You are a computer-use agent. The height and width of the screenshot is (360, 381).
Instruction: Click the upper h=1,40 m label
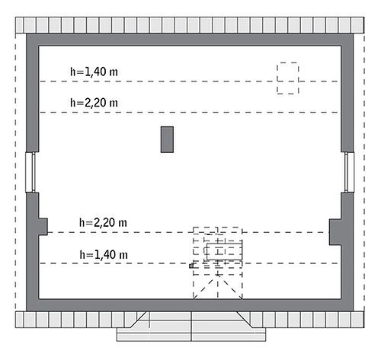(94, 72)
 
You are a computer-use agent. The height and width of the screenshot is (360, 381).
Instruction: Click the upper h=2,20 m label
(94, 103)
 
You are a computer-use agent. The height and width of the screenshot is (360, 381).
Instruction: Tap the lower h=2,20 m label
(103, 222)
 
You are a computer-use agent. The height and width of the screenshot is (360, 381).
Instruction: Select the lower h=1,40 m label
(104, 254)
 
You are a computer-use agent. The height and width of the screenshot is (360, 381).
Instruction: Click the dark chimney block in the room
(167, 139)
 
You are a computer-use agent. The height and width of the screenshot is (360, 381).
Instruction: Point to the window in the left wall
(30, 173)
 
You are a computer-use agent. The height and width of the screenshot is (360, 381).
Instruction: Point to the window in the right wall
(349, 173)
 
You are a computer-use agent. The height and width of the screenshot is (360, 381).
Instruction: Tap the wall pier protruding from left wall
(43, 227)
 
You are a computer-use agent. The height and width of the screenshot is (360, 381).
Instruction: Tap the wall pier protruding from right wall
(335, 232)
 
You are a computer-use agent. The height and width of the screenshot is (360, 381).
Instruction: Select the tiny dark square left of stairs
(191, 266)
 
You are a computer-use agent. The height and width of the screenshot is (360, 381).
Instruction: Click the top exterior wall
(190, 40)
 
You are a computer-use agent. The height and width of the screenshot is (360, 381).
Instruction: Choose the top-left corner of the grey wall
(27, 33)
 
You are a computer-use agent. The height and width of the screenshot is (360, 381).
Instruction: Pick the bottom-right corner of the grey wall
(354, 311)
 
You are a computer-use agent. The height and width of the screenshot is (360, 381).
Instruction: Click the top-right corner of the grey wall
(354, 33)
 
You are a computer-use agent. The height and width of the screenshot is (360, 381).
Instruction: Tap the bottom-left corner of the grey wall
(27, 311)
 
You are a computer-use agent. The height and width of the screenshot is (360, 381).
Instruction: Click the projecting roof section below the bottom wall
(191, 327)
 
